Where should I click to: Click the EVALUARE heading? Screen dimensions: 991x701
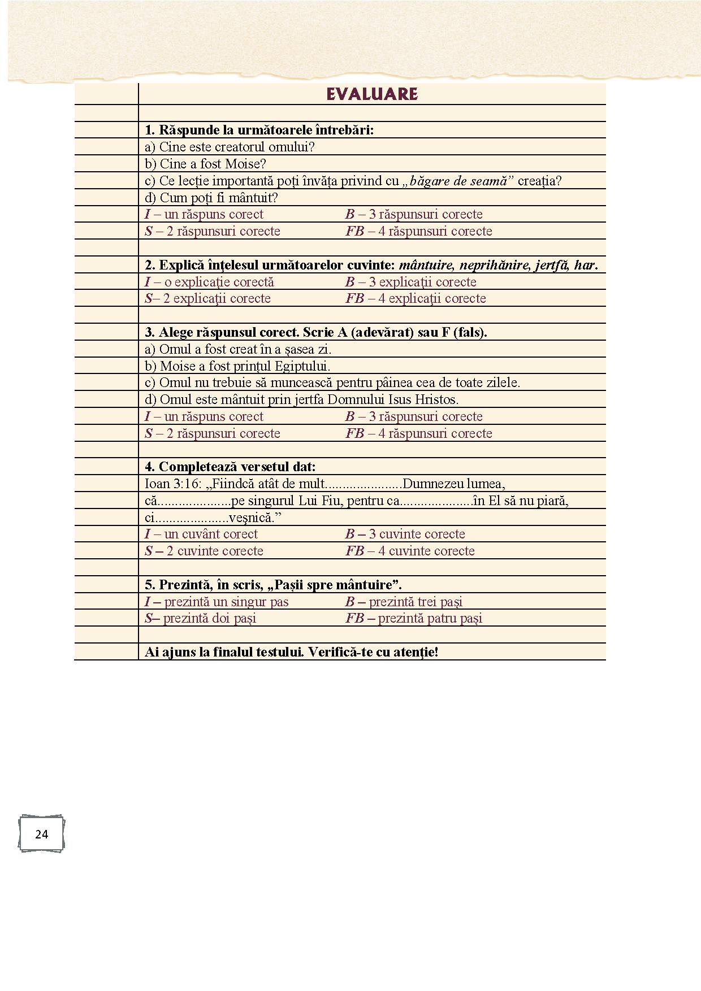[372, 94]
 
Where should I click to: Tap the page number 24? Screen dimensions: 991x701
[41, 834]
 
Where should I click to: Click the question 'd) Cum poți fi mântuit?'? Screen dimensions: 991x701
[211, 198]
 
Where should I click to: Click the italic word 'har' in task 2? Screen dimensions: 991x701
[585, 265]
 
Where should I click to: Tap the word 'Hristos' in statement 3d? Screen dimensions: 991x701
[435, 399]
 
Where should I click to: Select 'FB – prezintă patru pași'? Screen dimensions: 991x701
[414, 618]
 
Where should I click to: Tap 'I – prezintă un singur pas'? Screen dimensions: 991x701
[217, 602]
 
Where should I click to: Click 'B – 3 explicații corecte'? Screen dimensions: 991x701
[411, 282]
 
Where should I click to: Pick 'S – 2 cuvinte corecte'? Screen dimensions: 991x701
[204, 551]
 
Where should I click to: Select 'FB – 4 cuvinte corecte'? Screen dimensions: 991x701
[410, 551]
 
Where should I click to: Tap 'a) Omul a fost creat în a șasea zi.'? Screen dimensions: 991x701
[238, 349]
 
